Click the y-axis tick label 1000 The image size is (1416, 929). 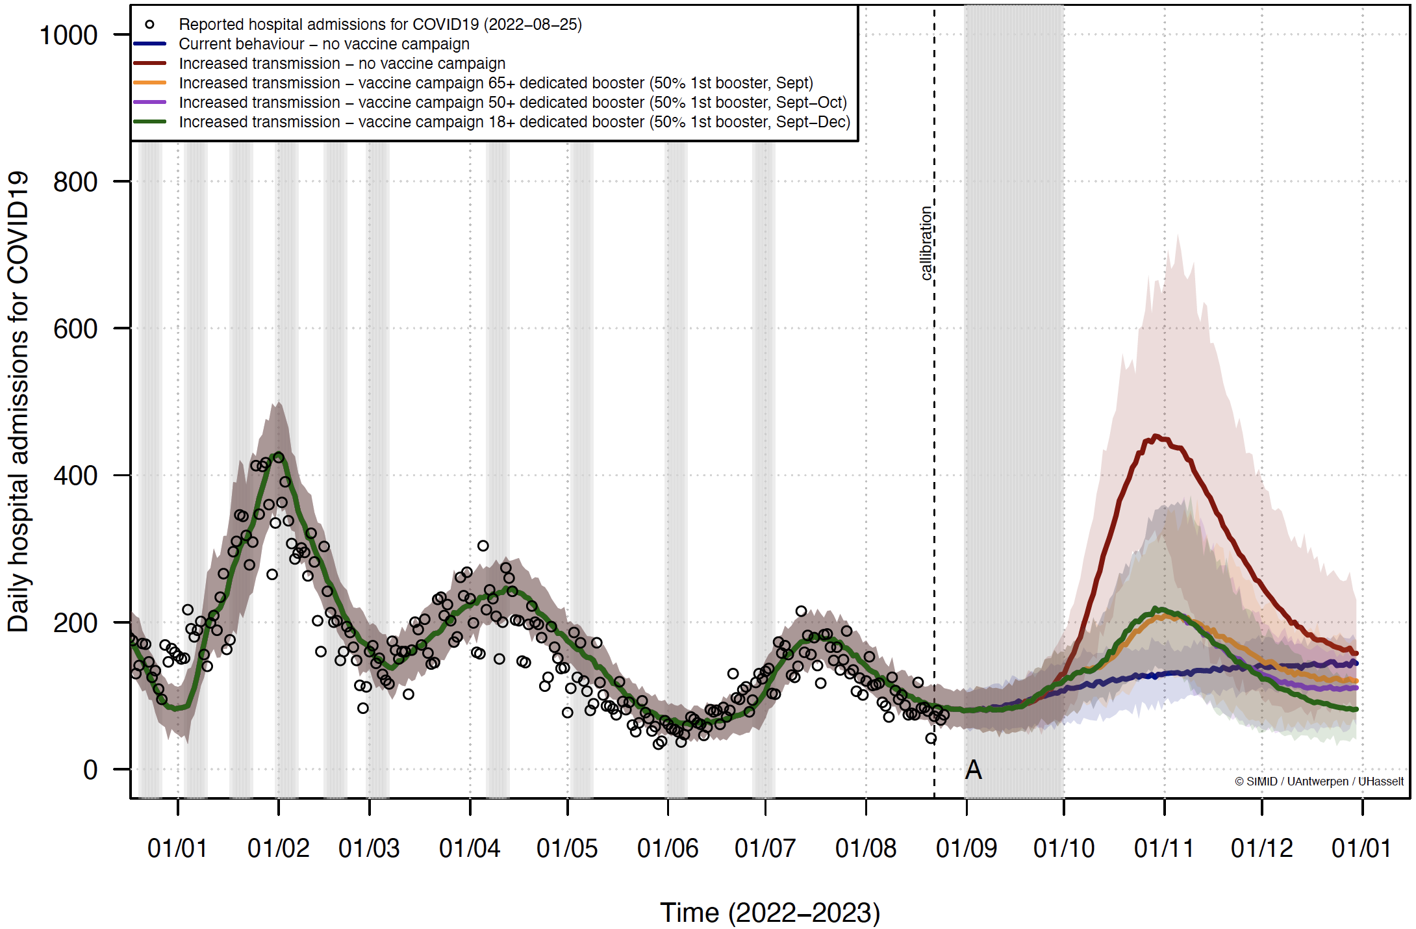pos(68,35)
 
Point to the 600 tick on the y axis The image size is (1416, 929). pos(75,329)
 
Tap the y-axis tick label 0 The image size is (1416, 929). pos(90,770)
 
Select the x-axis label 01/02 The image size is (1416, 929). pos(279,848)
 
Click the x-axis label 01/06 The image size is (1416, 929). pos(668,848)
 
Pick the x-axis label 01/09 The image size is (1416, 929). pos(967,848)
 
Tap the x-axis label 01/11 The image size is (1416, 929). pos(1164,848)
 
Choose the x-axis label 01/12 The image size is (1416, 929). pos(1262,848)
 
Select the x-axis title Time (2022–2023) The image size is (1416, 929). pos(770,913)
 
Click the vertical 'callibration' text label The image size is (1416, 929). pos(926,243)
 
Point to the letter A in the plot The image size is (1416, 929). pos(973,770)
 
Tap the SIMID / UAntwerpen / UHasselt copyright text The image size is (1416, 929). pos(1319,782)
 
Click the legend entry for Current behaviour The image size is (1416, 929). pos(323,44)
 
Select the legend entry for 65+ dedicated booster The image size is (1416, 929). pos(496,83)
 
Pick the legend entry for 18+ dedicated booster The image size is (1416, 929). pos(514,122)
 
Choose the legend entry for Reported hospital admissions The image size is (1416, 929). pos(380,25)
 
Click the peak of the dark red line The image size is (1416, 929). pos(1155,437)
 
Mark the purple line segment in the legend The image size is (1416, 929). pos(149,103)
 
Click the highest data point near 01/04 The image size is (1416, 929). pos(483,546)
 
